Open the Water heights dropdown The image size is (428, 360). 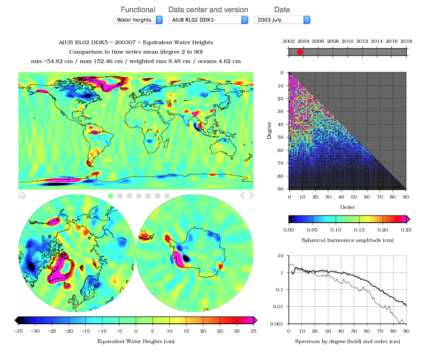[x=138, y=20]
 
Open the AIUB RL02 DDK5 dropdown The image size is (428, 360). [x=208, y=20]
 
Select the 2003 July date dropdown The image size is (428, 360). [x=282, y=20]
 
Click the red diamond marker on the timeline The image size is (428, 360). [x=300, y=52]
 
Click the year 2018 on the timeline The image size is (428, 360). [x=406, y=41]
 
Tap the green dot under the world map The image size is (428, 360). [x=111, y=195]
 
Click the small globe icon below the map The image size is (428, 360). [x=22, y=195]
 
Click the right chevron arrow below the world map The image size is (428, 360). [x=252, y=195]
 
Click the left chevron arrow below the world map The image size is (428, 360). [x=243, y=195]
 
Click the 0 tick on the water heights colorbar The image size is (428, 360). [x=136, y=331]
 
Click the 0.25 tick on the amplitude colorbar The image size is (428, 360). [x=406, y=230]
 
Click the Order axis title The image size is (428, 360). [x=347, y=207]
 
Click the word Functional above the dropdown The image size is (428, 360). [x=138, y=9]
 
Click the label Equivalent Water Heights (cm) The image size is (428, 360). [x=135, y=341]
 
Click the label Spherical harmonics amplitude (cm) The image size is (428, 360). [x=347, y=240]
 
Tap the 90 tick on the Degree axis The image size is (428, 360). [x=282, y=188]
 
